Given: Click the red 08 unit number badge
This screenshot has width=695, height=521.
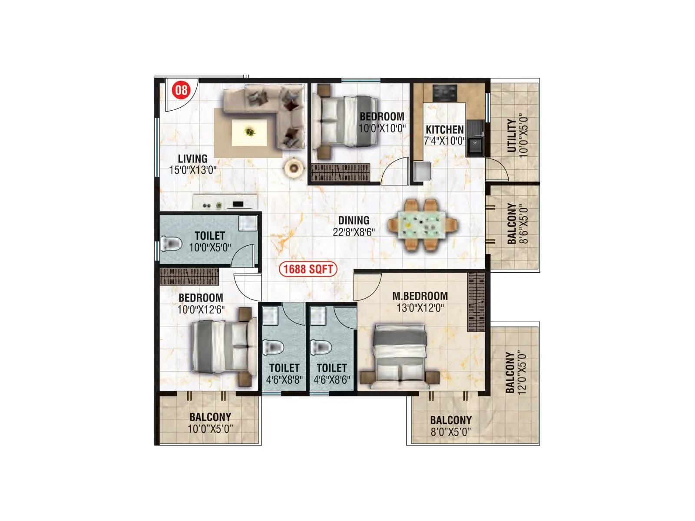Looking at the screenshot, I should [181, 90].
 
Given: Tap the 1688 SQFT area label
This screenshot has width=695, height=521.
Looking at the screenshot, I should [308, 269].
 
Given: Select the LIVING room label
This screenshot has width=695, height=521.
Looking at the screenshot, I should [192, 158].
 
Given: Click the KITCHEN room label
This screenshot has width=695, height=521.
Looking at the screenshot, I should [444, 129].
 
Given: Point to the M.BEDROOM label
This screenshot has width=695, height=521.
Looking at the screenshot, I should [420, 296].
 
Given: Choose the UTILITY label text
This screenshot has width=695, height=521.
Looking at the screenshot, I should [512, 135].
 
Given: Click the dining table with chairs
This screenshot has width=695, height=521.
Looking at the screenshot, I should [423, 225].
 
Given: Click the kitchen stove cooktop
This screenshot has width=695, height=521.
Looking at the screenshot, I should [445, 92].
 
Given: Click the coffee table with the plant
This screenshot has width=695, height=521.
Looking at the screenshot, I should [249, 132].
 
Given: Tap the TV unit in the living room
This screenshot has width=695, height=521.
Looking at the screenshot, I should [226, 203].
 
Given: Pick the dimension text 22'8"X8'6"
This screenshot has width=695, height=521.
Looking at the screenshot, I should [354, 232].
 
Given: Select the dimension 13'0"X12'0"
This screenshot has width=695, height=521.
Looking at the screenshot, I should [420, 308].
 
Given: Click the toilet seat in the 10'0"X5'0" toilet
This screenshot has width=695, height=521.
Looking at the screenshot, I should [171, 244].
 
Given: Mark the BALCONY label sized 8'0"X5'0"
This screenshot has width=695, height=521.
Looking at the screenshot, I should [450, 420].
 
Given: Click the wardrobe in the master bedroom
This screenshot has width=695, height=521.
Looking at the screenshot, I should [476, 301].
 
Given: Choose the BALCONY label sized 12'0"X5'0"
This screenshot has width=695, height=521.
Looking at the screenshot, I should [510, 373].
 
